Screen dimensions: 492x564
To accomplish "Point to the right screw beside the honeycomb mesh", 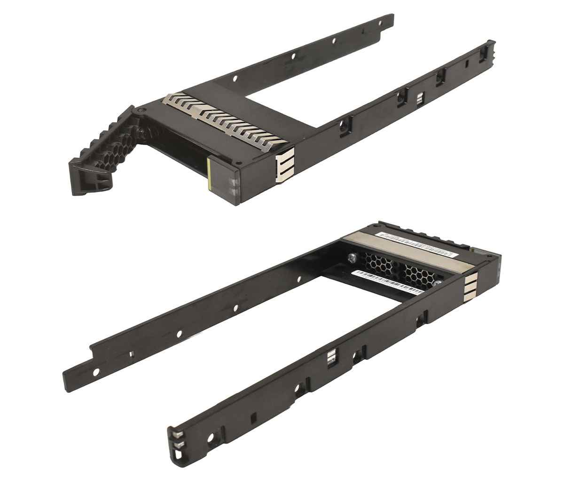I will pos(438,283).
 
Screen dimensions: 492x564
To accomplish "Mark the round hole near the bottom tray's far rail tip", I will pos(96,372).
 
